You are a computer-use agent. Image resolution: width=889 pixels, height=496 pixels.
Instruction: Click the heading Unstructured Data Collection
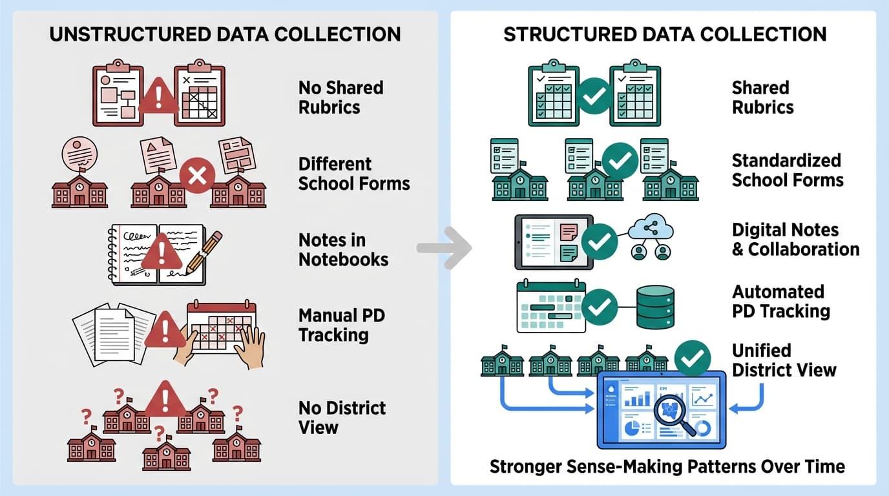pos(225,34)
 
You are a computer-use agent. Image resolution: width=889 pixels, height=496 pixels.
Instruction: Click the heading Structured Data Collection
pos(665,34)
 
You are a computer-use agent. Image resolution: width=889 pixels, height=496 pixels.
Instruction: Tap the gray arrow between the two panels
pos(444,247)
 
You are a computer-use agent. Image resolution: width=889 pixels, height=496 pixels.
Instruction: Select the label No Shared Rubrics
pos(340,97)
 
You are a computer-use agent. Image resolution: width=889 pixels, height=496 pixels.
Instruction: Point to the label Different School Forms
pos(353,173)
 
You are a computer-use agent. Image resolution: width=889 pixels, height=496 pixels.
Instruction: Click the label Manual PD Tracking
pos(341,325)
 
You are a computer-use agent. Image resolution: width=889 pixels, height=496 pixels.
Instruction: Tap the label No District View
pos(342,417)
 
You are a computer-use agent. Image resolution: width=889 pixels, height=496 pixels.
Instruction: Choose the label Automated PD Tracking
pos(780,301)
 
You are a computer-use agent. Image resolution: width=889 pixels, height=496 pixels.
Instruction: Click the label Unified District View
pos(784,360)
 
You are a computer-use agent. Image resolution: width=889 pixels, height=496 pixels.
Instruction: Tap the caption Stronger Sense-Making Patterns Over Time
pos(667,466)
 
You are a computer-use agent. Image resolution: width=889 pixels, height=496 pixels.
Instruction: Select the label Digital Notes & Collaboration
pos(795,240)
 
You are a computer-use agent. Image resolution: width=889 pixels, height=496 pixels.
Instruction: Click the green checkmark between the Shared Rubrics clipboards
pos(594,96)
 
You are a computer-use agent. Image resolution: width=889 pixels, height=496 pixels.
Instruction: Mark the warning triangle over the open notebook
pos(162,252)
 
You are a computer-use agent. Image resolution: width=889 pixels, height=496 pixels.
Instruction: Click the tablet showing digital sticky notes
pos(553,242)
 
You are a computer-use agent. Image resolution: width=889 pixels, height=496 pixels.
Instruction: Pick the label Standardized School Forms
pos(787,170)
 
